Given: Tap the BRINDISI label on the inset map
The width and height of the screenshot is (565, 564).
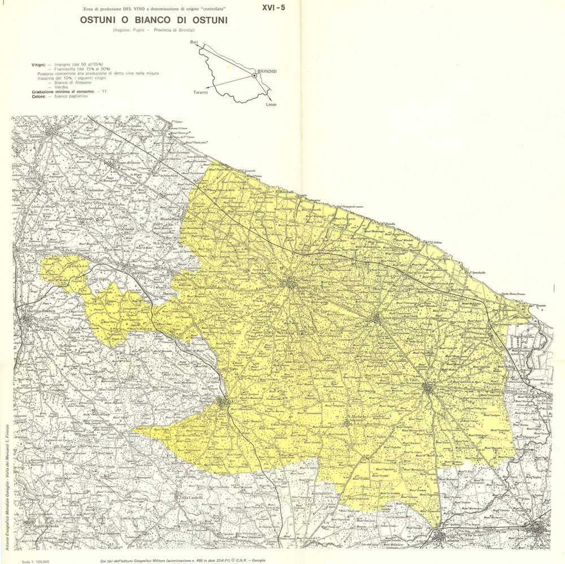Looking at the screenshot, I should point(271,71).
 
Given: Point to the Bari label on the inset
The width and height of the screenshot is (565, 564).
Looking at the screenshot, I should point(194,43).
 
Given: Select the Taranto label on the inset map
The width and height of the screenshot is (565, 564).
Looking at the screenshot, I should point(201,92).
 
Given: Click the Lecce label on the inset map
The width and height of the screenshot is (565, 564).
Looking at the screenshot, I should point(271,105).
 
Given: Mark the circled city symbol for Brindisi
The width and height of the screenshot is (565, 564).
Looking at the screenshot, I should point(255,75).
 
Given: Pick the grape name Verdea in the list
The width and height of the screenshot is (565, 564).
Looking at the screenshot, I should point(62,87).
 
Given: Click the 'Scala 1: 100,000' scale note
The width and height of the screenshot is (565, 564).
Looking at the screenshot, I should point(35,561).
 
